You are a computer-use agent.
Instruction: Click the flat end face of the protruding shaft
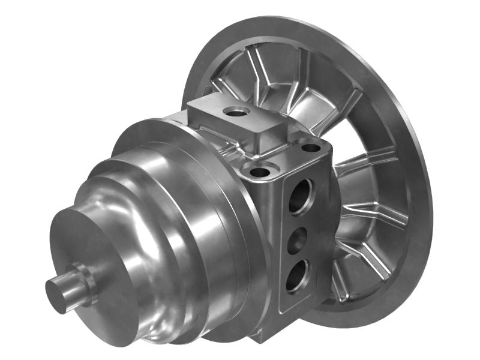(x=56, y=296)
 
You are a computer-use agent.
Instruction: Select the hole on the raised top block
(x=236, y=111)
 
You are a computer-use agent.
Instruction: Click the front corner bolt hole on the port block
(x=260, y=172)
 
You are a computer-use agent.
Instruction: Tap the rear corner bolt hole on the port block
(x=310, y=146)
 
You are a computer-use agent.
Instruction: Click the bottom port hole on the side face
(x=298, y=278)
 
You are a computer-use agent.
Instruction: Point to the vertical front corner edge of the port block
(x=277, y=252)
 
